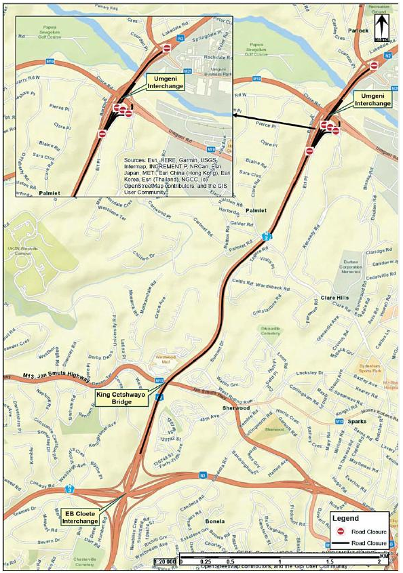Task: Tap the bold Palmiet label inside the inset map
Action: (50, 193)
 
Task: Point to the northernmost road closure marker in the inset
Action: (167, 47)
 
